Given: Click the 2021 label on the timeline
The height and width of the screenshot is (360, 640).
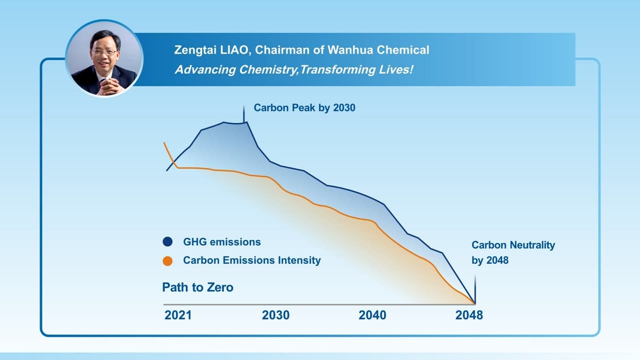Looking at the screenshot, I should [x=177, y=315].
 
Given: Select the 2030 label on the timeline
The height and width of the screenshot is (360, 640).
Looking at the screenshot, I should [x=275, y=315].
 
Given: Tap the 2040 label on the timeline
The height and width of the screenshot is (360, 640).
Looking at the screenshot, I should [x=372, y=315].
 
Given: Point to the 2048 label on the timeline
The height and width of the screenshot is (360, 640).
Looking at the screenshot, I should [x=469, y=315].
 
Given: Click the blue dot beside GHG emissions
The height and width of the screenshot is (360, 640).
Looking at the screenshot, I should [x=167, y=242].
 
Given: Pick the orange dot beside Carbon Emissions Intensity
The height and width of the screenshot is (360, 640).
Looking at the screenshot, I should [x=167, y=260].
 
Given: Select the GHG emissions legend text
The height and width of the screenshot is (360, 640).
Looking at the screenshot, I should [x=221, y=242].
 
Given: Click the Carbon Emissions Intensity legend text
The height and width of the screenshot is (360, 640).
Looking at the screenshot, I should [x=251, y=260].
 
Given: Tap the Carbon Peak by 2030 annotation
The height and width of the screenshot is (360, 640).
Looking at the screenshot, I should [x=304, y=107].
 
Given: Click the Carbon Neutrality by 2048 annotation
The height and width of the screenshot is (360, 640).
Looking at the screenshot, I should [x=513, y=252].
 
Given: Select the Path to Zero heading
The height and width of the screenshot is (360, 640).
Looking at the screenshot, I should [x=197, y=287].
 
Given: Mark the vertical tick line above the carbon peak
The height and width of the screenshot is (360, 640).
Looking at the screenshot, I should [x=243, y=113].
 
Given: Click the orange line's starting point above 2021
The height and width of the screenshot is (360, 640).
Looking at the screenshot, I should [x=164, y=143].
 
